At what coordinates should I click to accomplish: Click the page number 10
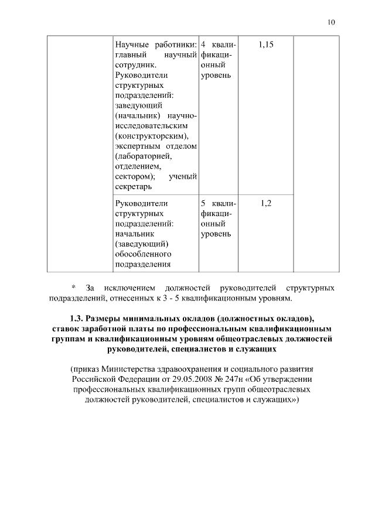331,22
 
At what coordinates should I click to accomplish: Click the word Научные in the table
133,45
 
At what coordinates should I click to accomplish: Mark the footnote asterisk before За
74,288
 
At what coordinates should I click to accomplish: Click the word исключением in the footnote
130,288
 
